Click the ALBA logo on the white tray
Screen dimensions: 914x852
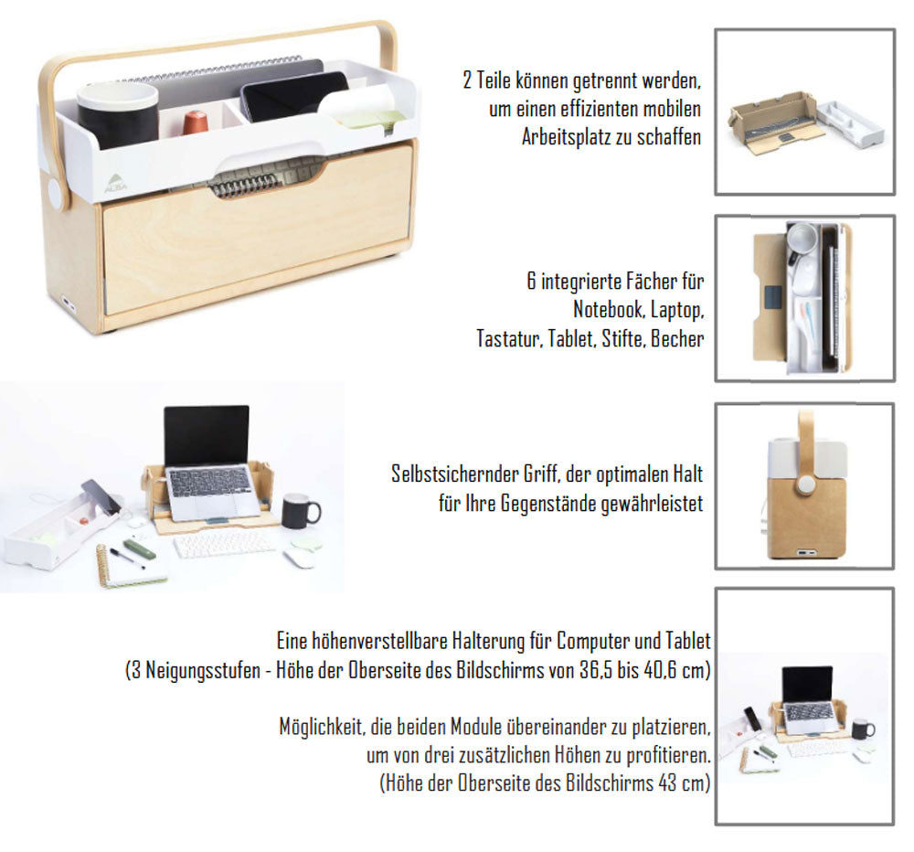click(x=115, y=183)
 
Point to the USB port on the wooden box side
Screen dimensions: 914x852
click(x=67, y=304)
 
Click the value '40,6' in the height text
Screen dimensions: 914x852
click(x=660, y=670)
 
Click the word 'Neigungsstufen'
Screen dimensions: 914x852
click(x=203, y=670)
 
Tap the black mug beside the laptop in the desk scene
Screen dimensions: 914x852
click(x=300, y=511)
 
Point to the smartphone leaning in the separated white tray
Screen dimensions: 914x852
click(x=101, y=495)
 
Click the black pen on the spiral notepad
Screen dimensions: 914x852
click(x=127, y=558)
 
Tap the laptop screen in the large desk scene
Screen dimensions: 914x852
click(x=207, y=435)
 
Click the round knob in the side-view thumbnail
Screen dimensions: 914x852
click(x=805, y=484)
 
